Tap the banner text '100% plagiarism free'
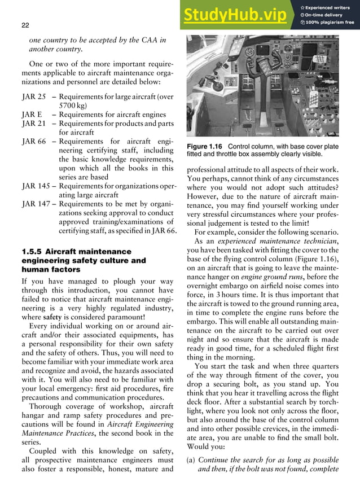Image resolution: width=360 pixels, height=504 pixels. tap(330, 22)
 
